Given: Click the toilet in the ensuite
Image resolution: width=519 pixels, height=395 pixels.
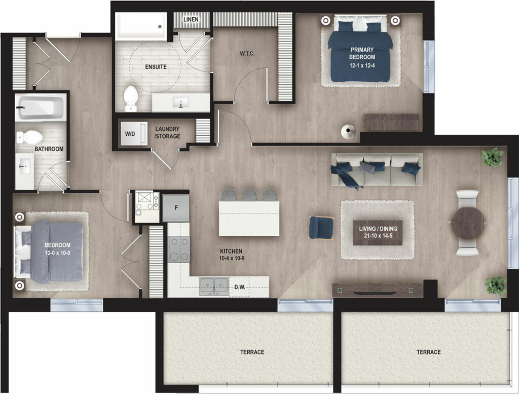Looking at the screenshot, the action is (130, 98).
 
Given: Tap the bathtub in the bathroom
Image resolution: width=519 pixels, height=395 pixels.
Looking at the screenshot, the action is (40, 107).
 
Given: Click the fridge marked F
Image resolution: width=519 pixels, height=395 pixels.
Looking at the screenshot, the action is (176, 208).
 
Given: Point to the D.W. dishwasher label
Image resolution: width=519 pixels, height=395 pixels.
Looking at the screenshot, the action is (240, 287).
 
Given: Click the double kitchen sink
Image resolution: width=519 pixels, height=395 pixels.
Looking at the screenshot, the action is (214, 286).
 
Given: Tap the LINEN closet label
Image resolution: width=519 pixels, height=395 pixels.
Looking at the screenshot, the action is (191, 20).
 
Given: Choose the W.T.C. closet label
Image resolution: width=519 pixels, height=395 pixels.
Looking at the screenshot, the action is (247, 54).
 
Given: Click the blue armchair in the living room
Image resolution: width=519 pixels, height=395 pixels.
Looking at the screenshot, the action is (321, 227).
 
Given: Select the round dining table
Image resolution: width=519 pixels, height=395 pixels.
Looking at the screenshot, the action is (467, 223).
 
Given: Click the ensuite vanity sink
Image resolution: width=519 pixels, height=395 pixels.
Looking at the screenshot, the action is (181, 102).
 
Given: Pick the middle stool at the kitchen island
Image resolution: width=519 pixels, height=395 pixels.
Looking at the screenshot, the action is (249, 195).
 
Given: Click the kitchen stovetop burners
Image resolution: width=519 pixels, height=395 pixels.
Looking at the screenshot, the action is (179, 249).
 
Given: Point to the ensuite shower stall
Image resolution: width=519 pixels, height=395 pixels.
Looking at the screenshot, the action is (141, 26).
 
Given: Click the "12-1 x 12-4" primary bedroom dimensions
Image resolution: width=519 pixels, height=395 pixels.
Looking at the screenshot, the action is (362, 65).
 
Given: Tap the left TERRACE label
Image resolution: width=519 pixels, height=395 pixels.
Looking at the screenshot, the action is (252, 352).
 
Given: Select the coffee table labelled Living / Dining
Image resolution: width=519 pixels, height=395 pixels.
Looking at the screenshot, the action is (378, 233).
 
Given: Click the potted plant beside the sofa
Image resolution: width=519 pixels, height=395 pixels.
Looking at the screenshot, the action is (493, 157).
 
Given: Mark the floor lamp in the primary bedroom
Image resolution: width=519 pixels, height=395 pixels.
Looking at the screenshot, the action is (348, 132).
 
